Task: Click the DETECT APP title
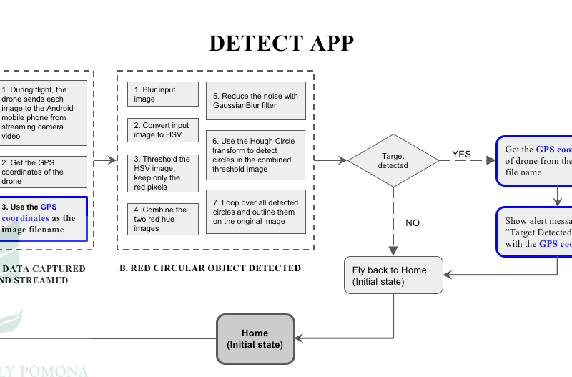coord(281,44)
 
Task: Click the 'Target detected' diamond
coord(393,161)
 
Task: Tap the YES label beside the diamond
coord(462,154)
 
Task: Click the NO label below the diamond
coord(413,222)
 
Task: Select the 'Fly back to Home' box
coord(393,275)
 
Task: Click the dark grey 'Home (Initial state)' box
coord(255,338)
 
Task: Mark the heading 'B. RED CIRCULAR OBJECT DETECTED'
coord(209,268)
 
